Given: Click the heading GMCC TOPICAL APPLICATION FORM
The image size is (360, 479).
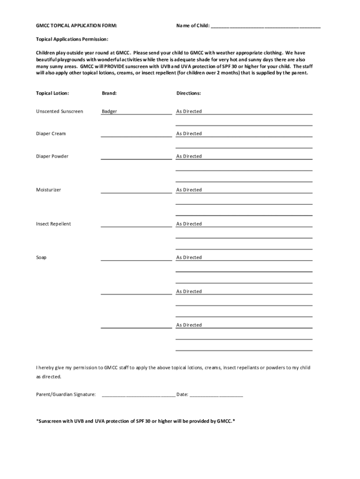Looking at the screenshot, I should click(x=77, y=25).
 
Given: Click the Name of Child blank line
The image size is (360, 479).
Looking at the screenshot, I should click(x=266, y=26).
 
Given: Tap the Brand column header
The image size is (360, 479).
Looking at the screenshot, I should click(x=109, y=93).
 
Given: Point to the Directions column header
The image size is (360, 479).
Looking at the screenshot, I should click(x=188, y=93).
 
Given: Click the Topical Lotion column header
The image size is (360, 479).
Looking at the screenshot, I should click(x=52, y=93).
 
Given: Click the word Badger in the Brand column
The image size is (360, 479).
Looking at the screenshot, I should click(x=110, y=111).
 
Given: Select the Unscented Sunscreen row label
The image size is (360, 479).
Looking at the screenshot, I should click(x=60, y=111).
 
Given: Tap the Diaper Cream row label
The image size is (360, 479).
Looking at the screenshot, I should click(x=51, y=134).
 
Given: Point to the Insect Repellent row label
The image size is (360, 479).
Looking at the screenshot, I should click(x=54, y=224).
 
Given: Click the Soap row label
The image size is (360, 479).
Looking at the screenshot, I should click(x=41, y=258).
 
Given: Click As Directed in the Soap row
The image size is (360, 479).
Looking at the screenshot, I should click(x=189, y=258).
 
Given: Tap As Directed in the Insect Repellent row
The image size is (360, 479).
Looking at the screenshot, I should click(x=189, y=224).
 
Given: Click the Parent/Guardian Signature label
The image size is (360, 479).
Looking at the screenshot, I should click(x=66, y=394).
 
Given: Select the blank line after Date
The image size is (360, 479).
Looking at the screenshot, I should click(x=216, y=395).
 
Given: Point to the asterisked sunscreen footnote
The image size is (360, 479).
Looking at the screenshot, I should click(x=136, y=421).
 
